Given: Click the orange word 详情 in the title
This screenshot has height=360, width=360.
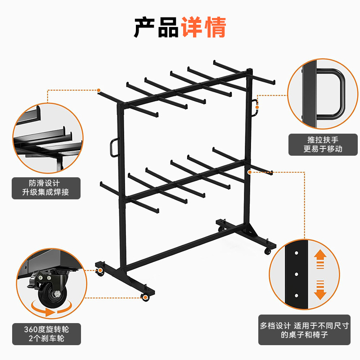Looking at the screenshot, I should (x=203, y=27).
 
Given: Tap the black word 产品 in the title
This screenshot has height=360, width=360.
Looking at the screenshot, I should (x=156, y=27).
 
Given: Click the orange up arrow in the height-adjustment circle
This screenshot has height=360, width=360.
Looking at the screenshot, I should (x=320, y=259).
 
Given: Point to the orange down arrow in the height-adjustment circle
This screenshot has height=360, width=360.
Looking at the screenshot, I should (x=320, y=288).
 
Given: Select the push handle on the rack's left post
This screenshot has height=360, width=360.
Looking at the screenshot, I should (x=113, y=148).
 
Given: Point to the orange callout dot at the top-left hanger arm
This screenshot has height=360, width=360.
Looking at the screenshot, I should (x=99, y=90).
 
